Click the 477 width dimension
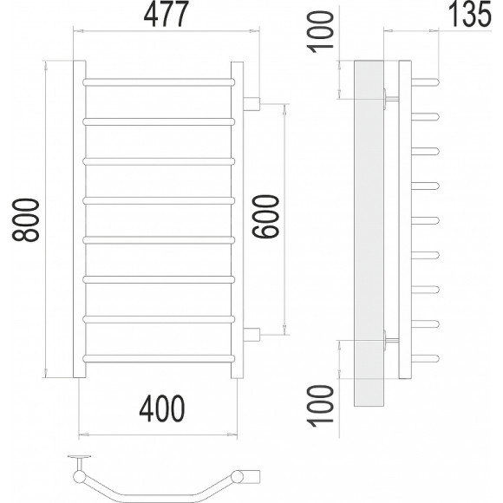pyautogui.click(x=166, y=15)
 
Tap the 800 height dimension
pyautogui.click(x=26, y=219)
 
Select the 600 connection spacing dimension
pyautogui.click(x=266, y=217)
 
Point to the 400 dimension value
pyautogui.click(x=162, y=408)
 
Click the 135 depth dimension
pyautogui.click(x=469, y=15)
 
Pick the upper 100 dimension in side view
pyautogui.click(x=320, y=32)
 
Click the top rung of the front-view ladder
pyautogui.click(x=159, y=82)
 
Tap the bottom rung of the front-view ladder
pyautogui.click(x=159, y=358)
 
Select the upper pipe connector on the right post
pyautogui.click(x=251, y=104)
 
